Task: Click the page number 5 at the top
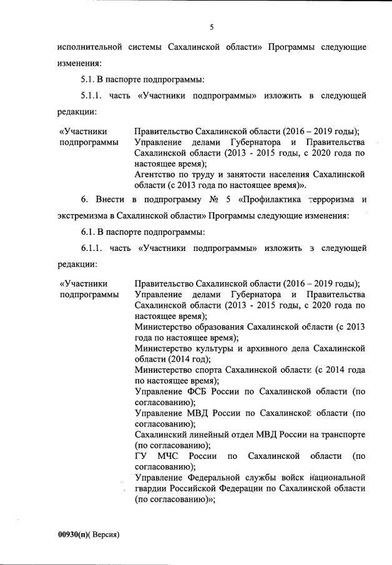coord(212,26)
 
